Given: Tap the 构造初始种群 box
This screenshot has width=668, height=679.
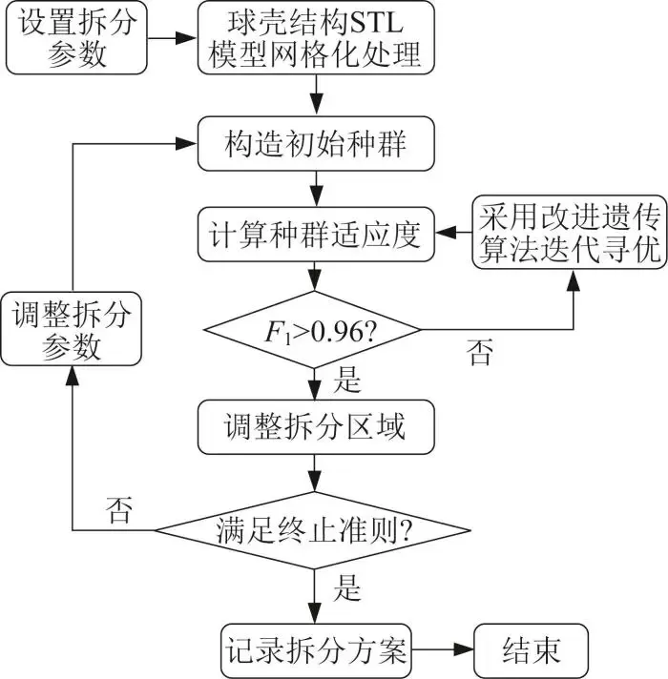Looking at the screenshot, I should [314, 144].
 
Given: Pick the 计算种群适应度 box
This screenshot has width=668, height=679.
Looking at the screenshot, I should [314, 233].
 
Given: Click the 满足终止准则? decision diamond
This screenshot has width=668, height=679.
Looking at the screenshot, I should [313, 529].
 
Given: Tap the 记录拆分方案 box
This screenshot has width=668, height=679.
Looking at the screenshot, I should [314, 652].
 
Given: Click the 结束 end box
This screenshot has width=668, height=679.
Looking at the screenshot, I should [531, 652].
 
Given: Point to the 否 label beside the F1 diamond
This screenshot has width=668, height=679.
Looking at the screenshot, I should [480, 355].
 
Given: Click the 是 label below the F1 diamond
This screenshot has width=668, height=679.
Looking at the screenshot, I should [349, 381].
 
